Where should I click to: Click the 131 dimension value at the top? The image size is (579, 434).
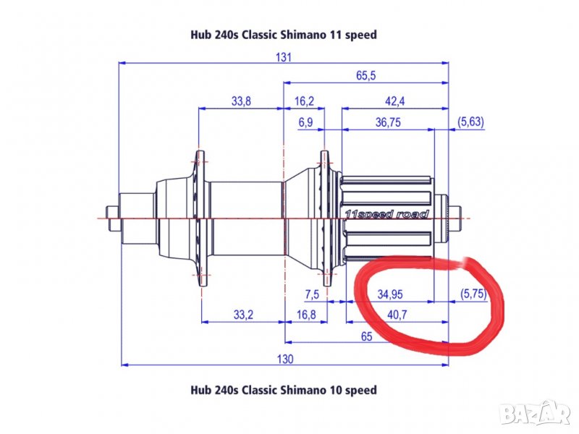click(283, 57)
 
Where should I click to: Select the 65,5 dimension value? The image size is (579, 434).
click(366, 76)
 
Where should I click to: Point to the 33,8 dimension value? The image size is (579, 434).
click(241, 101)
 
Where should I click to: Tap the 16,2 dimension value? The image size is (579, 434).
click(304, 101)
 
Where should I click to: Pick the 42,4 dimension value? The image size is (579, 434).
click(394, 101)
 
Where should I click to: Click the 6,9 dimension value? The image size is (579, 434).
click(305, 122)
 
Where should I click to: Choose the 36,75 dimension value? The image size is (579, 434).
click(388, 122)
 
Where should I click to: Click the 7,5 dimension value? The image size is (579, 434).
click(312, 294)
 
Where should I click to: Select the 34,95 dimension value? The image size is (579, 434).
click(390, 294)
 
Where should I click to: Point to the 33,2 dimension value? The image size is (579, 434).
click(243, 315)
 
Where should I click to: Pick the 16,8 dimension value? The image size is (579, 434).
click(306, 315)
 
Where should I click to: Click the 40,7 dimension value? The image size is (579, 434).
click(397, 315)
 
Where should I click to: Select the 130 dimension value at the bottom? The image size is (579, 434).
click(285, 359)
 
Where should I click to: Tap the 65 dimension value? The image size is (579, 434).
click(366, 336)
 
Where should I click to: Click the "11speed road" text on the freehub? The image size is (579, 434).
click(387, 214)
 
